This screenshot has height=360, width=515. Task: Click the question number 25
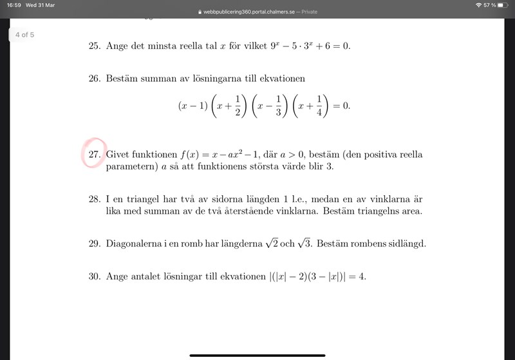pyautogui.click(x=95, y=46)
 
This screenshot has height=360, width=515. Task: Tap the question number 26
pyautogui.click(x=95, y=79)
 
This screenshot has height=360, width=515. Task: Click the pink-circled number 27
pyautogui.click(x=95, y=155)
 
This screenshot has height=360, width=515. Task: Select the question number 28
pyautogui.click(x=95, y=200)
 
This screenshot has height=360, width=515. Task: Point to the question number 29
pyautogui.click(x=95, y=244)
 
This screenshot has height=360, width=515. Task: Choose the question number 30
pyautogui.click(x=95, y=276)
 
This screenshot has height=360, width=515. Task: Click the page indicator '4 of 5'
pyautogui.click(x=24, y=35)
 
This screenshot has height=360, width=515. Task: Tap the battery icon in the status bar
pyautogui.click(x=503, y=5)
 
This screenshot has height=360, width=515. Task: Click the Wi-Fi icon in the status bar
pyautogui.click(x=478, y=5)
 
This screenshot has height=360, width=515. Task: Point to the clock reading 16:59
pyautogui.click(x=13, y=5)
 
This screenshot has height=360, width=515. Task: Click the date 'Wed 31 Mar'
pyautogui.click(x=40, y=5)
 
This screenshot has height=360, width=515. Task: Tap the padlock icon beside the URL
pyautogui.click(x=200, y=12)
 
